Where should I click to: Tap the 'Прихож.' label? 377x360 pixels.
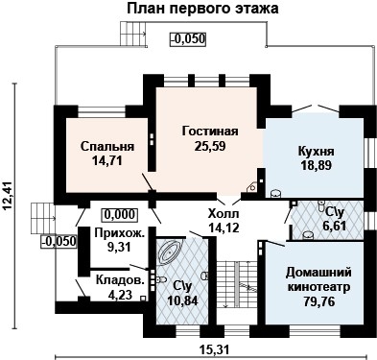pos(120,232)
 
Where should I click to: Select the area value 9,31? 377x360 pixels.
pos(121,247)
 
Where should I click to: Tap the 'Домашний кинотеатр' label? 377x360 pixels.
pos(319,279)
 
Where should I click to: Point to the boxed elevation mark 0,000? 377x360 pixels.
pos(120,214)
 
